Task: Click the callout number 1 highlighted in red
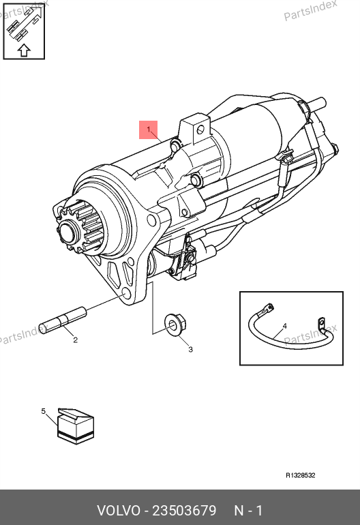click(x=149, y=130)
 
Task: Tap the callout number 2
click(x=76, y=340)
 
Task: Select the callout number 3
click(x=190, y=350)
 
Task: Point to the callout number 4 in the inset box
click(x=284, y=326)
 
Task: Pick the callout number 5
click(x=43, y=411)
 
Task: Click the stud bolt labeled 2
click(x=63, y=320)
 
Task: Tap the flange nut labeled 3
click(x=175, y=325)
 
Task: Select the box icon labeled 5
click(x=76, y=426)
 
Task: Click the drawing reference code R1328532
click(x=301, y=475)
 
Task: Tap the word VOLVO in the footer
click(x=119, y=511)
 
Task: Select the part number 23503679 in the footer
click(x=184, y=511)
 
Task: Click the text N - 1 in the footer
click(x=248, y=511)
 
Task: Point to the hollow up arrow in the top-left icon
click(x=24, y=50)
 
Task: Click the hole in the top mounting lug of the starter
click(x=200, y=130)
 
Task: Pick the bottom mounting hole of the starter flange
click(x=125, y=294)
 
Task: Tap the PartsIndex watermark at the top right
click(x=310, y=10)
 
